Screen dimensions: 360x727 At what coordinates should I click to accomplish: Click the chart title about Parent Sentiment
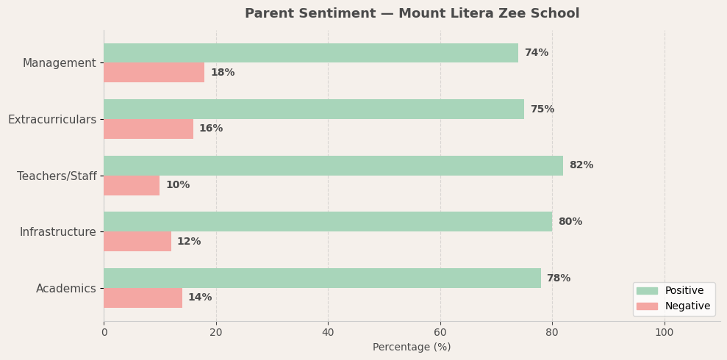412,14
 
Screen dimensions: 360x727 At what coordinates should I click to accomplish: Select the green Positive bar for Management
311,53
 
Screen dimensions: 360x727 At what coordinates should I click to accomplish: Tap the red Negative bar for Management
154,73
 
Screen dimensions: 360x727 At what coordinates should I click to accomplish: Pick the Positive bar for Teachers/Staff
333,165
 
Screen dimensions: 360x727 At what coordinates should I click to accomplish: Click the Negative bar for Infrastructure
137,242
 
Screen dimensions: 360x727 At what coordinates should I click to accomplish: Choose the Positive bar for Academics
322,278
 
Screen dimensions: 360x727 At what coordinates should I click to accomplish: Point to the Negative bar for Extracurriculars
148,129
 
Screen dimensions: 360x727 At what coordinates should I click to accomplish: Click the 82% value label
581,165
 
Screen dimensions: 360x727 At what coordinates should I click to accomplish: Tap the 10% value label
177,185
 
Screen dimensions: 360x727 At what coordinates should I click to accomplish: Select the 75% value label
542,109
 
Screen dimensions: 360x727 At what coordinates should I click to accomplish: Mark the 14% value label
200,298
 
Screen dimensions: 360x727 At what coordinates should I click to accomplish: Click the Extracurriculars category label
52,120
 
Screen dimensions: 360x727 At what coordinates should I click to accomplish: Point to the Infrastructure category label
58,232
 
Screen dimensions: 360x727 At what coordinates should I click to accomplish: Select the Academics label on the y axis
66,289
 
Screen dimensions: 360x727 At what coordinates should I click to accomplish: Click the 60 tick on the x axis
440,332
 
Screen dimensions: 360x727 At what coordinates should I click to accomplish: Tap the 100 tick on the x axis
665,332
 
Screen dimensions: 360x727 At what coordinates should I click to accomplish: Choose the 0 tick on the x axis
104,332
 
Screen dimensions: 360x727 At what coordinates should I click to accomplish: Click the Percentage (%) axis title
412,348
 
